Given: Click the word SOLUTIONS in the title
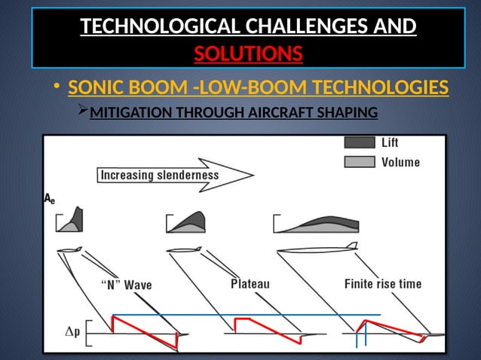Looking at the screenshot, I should click(249, 54).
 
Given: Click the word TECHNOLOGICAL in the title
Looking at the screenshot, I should click(161, 27).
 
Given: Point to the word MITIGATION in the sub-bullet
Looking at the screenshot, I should click(130, 114).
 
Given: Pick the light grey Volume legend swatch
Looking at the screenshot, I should click(360, 161).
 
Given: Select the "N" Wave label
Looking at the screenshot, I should click(127, 285).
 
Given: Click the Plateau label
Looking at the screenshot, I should click(250, 284).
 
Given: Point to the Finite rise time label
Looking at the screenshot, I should click(383, 284).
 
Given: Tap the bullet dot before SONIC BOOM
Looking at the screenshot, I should click(57, 90).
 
